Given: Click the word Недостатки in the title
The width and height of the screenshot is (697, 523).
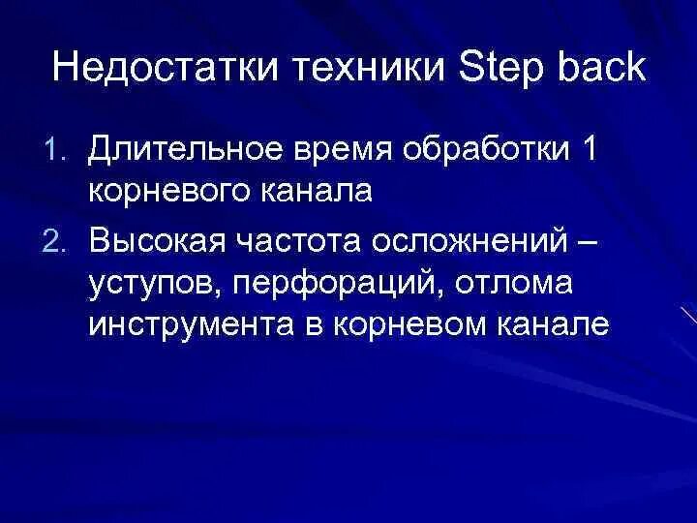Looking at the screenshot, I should click(155, 70).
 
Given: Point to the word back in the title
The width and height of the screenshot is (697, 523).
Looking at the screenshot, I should click(599, 70).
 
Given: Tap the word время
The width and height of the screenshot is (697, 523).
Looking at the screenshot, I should click(336, 152).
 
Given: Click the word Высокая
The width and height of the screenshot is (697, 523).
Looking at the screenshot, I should click(153, 237).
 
